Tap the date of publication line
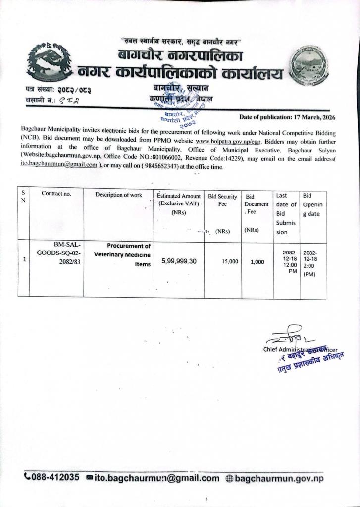pos(287,117)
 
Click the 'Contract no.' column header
pos(56,194)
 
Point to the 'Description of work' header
pos(119,195)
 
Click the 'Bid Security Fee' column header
pos(222,200)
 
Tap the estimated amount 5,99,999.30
pos(179,261)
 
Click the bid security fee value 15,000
pos(230,261)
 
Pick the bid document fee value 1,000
pos(257,262)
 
